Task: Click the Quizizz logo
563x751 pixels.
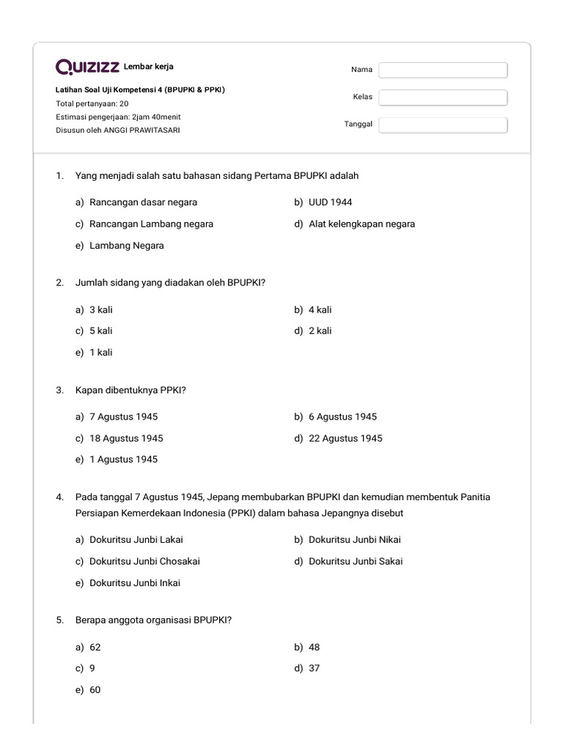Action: pos(87,67)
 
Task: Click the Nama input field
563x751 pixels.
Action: pos(443,70)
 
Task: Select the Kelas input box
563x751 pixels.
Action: pos(443,98)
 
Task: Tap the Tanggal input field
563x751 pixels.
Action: pos(443,125)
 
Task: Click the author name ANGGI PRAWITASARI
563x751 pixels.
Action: pos(141,130)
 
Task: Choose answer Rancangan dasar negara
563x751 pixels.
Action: pos(143,202)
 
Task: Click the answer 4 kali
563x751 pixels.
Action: pos(320,309)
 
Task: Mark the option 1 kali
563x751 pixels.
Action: pos(100,353)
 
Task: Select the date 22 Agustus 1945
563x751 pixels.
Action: pos(345,439)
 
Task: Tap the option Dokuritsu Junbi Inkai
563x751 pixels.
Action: pos(135,583)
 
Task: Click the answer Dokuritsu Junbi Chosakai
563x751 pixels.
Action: pos(144,561)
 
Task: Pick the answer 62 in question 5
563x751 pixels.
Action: pos(95,647)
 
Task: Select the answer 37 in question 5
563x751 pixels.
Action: pos(314,668)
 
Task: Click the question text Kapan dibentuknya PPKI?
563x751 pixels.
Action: pos(130,390)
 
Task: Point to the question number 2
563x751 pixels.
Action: pos(59,282)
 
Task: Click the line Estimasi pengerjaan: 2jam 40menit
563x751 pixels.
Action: pos(118,117)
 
